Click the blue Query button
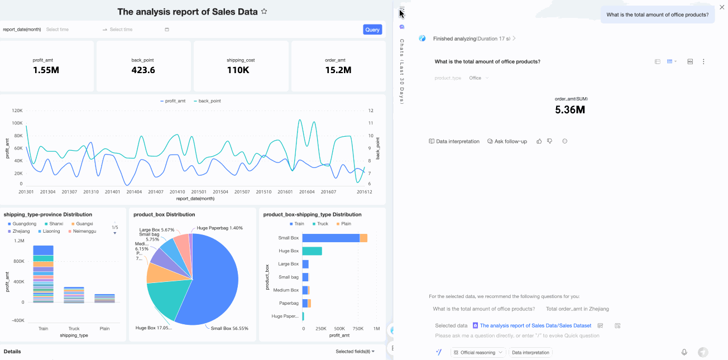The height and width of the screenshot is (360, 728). (x=372, y=30)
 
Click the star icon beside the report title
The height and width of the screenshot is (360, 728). (x=264, y=12)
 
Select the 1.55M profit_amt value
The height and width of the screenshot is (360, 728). (x=46, y=70)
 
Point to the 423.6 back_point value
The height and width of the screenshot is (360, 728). (x=143, y=70)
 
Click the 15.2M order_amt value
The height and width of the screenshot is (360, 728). (x=338, y=70)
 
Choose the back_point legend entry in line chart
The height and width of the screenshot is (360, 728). (x=207, y=101)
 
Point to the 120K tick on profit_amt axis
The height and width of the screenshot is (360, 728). (x=17, y=111)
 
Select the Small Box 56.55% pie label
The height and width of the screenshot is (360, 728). (x=229, y=328)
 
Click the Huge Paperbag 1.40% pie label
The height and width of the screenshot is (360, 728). (x=219, y=228)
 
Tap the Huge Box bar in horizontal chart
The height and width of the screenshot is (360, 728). (x=312, y=251)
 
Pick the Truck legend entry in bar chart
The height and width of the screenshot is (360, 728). (x=319, y=224)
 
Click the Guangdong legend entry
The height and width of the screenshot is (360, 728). (x=22, y=224)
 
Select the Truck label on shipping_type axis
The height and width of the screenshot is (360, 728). (x=74, y=329)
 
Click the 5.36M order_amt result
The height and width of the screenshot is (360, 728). (x=569, y=110)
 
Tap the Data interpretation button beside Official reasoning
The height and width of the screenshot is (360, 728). (x=530, y=353)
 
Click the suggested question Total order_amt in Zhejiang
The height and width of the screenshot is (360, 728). (x=577, y=309)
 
